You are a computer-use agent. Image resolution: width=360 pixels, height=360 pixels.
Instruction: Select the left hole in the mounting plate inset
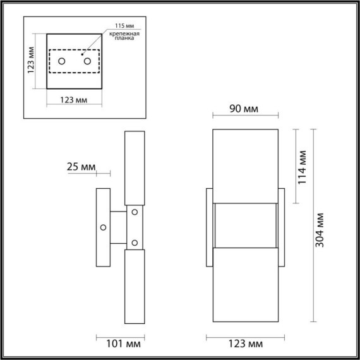[x=62, y=61]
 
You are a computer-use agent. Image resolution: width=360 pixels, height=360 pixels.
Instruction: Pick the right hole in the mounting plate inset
[x=87, y=61]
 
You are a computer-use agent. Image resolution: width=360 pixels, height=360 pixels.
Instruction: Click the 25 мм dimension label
[x=81, y=167]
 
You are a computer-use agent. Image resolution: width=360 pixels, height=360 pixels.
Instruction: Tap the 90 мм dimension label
[x=243, y=109]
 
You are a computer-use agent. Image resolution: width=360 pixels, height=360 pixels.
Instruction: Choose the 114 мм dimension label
[x=302, y=165]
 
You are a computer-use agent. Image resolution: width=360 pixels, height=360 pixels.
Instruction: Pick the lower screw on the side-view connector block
[x=134, y=242]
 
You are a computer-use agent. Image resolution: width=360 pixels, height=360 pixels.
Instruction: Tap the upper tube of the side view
[x=135, y=167]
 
